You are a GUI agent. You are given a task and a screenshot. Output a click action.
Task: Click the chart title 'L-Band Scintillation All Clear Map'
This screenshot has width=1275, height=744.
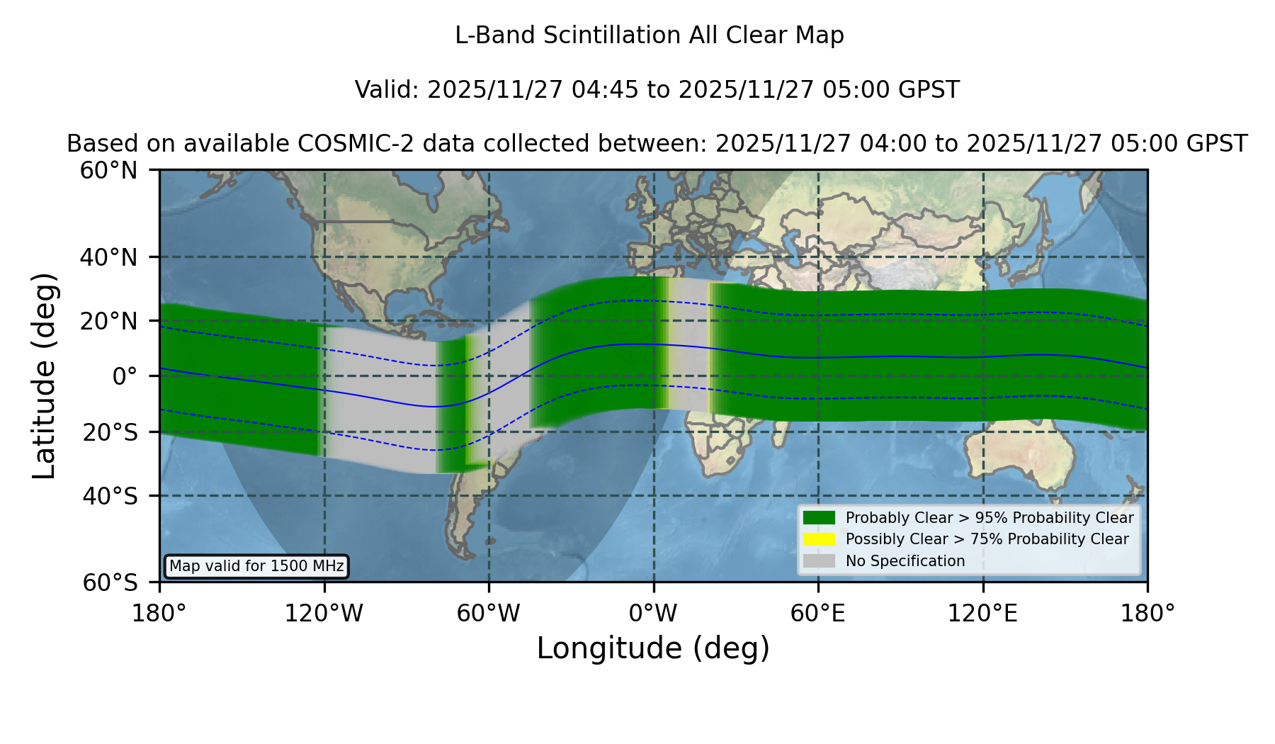(x=649, y=35)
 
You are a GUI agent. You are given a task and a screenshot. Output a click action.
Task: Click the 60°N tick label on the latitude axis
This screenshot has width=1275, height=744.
(x=109, y=171)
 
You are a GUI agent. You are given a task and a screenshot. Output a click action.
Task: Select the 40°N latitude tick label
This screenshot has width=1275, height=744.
(x=109, y=257)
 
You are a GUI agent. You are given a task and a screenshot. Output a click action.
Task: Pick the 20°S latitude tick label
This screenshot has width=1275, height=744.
(x=110, y=432)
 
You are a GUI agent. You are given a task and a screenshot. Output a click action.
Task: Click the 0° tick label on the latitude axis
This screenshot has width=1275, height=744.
(x=125, y=376)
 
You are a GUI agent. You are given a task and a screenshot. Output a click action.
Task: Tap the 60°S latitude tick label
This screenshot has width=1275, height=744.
(x=110, y=583)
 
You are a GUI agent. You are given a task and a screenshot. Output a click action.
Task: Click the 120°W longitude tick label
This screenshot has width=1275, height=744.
(x=324, y=614)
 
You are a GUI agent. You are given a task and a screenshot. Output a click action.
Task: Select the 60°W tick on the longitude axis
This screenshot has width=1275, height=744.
(x=489, y=614)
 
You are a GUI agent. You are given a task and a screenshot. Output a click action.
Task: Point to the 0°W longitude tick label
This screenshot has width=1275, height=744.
(x=654, y=614)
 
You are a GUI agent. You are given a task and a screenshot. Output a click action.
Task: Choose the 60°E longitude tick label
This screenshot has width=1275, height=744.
(x=818, y=614)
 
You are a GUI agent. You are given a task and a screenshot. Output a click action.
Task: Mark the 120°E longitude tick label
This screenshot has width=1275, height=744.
(x=982, y=614)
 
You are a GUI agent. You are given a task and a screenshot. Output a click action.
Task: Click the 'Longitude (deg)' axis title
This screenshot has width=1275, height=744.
(x=653, y=649)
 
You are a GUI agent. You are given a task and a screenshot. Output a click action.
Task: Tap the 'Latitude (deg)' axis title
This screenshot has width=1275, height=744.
(x=44, y=376)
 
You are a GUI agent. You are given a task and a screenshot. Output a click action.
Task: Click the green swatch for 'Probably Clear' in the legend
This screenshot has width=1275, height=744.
(x=820, y=517)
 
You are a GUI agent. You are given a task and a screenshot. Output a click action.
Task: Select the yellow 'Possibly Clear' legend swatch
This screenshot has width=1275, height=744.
(x=820, y=539)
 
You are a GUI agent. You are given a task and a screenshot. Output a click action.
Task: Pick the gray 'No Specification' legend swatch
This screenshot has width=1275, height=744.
(x=820, y=561)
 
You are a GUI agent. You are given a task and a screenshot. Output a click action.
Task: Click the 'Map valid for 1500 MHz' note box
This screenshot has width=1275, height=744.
(x=256, y=566)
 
